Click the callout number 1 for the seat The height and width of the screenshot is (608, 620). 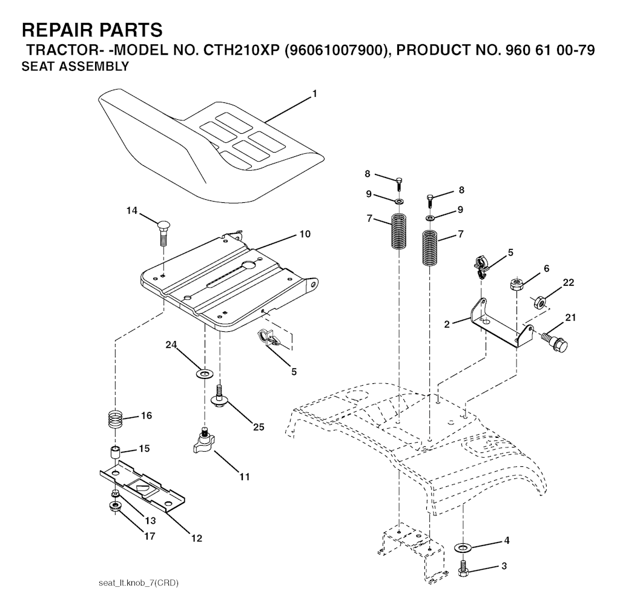point(315,94)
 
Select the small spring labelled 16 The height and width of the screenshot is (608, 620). point(116,419)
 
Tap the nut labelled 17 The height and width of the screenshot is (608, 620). point(115,506)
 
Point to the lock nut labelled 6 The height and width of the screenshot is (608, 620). point(517,285)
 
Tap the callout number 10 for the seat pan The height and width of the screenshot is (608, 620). point(305,234)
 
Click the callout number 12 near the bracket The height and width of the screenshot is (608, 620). point(197,538)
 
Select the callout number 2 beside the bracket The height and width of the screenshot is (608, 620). point(447,325)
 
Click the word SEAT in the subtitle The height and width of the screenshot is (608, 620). point(35,67)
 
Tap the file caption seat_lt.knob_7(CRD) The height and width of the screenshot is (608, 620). point(139,583)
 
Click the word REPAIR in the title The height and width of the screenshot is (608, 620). point(56,30)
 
